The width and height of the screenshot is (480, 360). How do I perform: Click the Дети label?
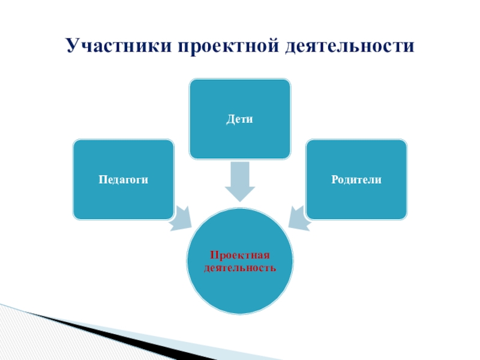pyautogui.click(x=240, y=119)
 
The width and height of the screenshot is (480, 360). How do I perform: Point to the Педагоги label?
pyautogui.click(x=124, y=179)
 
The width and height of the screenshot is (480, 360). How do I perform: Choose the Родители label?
pyautogui.click(x=356, y=179)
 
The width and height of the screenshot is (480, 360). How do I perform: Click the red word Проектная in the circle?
pyautogui.click(x=240, y=256)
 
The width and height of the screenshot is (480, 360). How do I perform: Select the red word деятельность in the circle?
pyautogui.click(x=240, y=267)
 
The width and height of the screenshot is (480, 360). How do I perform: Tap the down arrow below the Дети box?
pyautogui.click(x=240, y=182)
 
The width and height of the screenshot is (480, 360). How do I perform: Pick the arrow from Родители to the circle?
pyautogui.click(x=299, y=218)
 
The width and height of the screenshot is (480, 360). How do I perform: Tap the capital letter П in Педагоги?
pyautogui.click(x=102, y=179)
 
